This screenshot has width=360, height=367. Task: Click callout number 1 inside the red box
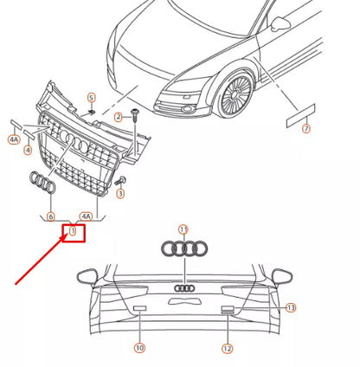coord(74,232)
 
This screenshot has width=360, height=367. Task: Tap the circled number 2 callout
coord(119,117)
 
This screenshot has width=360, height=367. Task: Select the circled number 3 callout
coord(120,194)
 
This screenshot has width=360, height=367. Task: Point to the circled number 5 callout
coord(91,98)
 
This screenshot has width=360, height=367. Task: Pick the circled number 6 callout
coord(50,216)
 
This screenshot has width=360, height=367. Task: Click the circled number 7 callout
coord(305,130)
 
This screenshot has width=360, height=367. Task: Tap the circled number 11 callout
coord(183,229)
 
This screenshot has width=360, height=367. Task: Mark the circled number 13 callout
coord(291,307)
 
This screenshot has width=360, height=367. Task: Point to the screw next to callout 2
coord(137,114)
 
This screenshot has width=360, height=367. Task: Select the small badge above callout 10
coord(138,308)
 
